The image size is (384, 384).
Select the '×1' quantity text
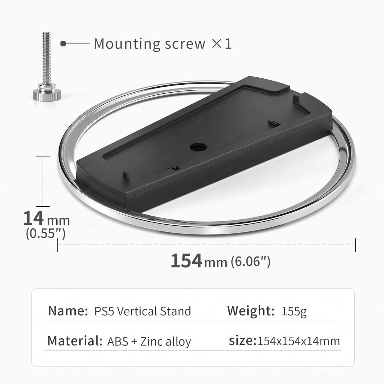click(x=222, y=44)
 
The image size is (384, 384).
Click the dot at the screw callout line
click(x=63, y=44)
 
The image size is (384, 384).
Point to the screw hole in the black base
click(x=195, y=147)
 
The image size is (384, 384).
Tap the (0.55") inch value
click(x=46, y=234)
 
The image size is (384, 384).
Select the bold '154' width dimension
click(x=186, y=261)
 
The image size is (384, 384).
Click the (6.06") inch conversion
click(x=250, y=261)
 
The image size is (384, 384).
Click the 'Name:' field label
click(x=67, y=311)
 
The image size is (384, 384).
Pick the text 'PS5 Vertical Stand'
click(x=142, y=311)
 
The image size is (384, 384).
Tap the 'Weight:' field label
click(x=251, y=311)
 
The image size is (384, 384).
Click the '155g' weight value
click(x=294, y=311)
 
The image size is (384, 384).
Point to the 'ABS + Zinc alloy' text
click(x=149, y=342)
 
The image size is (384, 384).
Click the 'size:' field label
click(x=242, y=341)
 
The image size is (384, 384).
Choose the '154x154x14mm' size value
click(x=299, y=341)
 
